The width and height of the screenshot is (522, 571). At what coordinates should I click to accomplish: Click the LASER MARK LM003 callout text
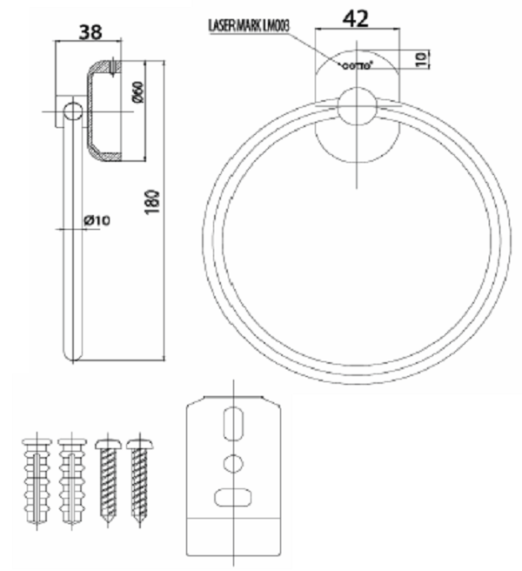point(248,26)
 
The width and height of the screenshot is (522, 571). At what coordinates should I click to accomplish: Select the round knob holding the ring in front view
point(357,107)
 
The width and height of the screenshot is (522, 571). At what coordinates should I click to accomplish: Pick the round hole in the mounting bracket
point(232,463)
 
